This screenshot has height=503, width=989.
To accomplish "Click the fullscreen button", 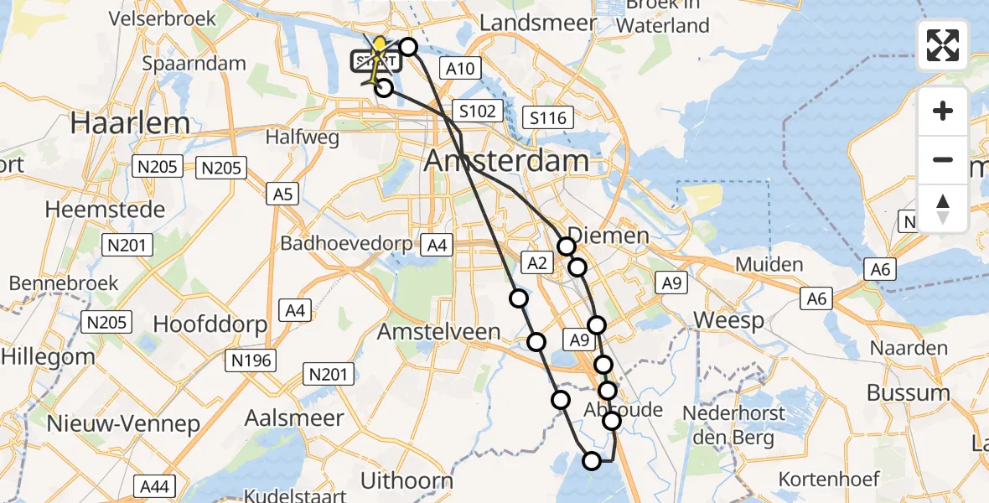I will coord(943,45).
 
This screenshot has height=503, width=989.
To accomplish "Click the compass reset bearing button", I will coord(943,209).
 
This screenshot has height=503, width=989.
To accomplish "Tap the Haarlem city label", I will coord(130,123).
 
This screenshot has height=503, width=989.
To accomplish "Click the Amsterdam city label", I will coord(506,161).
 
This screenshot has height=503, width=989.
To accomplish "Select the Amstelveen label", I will coord(438,331).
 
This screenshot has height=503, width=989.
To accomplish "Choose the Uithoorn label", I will coord(406,480).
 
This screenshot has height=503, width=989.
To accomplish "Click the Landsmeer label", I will coord(537,23).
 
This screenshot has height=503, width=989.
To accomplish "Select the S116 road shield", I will coord(548,118).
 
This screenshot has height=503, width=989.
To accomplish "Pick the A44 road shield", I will coord(155,485).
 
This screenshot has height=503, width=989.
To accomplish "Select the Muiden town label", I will coord(769,264).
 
